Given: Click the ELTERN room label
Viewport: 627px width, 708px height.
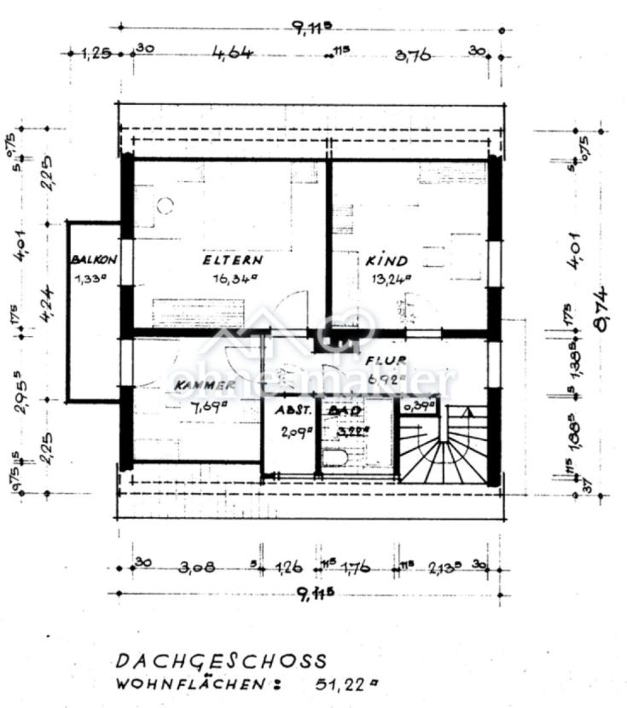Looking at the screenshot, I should (232, 260).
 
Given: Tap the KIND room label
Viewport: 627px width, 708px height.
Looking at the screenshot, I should (386, 261).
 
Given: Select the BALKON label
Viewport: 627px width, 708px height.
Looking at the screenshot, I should (93, 258).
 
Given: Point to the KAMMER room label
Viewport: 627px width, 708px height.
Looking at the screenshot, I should (205, 386).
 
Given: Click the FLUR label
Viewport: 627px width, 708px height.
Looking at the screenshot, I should (386, 360).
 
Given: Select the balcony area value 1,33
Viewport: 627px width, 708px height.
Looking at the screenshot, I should (91, 277).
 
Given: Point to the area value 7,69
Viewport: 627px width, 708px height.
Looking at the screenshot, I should (208, 405).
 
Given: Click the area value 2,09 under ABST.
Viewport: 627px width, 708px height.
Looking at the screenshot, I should (293, 431).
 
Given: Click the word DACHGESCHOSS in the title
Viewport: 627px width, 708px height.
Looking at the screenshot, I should (221, 661).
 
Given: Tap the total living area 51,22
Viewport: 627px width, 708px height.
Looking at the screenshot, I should (339, 684).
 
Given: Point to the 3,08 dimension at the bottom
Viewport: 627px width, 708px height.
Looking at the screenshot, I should (196, 566).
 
